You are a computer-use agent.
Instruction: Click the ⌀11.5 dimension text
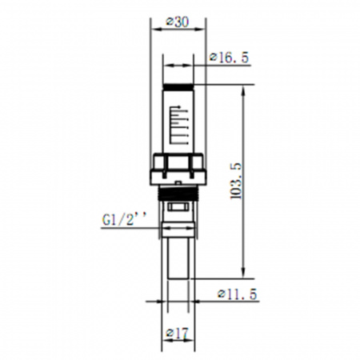point(238,294)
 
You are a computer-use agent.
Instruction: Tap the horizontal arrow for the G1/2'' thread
point(177,230)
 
